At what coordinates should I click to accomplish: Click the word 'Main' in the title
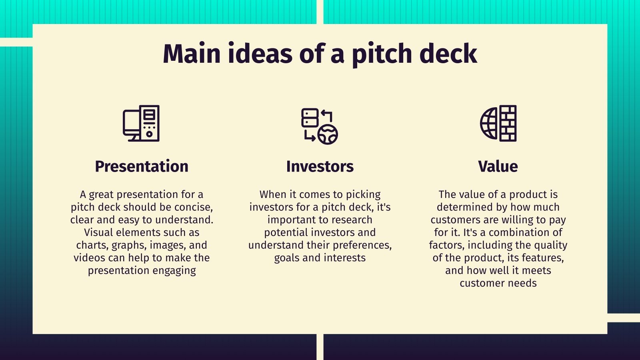click(x=192, y=54)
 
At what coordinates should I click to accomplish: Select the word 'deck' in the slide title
click(x=448, y=53)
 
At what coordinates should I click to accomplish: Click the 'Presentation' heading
click(x=142, y=166)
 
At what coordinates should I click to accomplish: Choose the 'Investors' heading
click(x=320, y=166)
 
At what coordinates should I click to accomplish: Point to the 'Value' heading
click(x=498, y=166)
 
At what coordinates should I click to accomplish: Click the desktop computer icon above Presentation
click(x=141, y=123)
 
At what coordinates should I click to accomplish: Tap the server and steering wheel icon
click(x=320, y=126)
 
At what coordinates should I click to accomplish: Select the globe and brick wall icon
click(x=498, y=123)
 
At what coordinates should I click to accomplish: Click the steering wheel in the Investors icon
click(x=328, y=134)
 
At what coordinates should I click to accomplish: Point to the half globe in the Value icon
click(x=489, y=124)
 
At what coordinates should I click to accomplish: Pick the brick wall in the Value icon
click(x=508, y=123)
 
